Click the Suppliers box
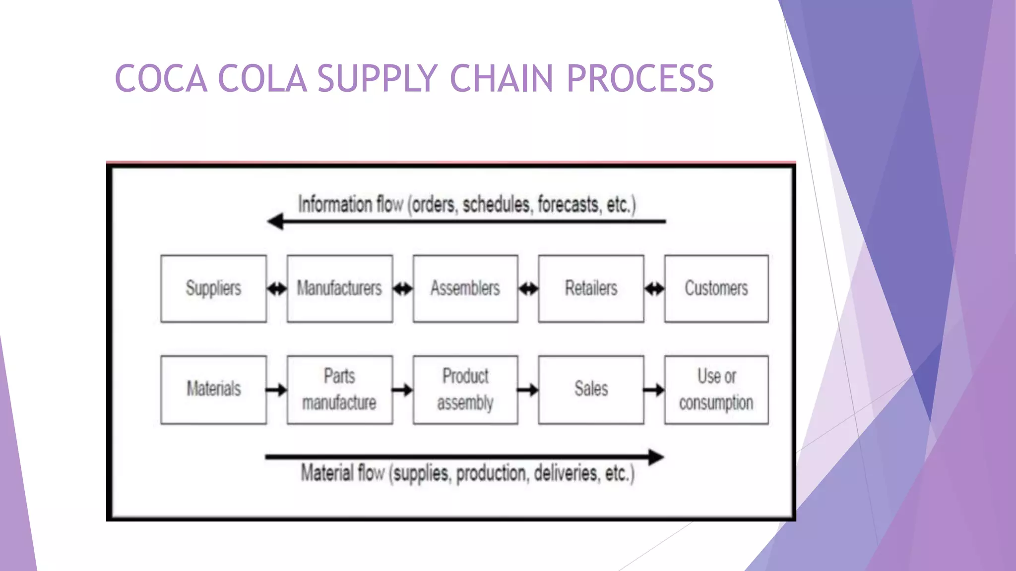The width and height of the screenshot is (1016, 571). pos(213,288)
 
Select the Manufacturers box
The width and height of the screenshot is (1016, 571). pos(340,288)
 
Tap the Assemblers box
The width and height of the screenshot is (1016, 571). pos(465,288)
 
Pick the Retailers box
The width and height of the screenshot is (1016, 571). pos(591,288)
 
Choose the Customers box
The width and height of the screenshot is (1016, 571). pos(716,288)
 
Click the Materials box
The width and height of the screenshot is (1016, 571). pos(213,390)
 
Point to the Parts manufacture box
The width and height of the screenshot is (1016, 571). pos(340,390)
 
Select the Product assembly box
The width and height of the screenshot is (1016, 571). pos(465,390)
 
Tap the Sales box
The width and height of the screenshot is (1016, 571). pos(591,390)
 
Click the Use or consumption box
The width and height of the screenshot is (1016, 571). pos(716,390)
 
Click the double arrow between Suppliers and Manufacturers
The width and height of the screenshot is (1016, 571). pos(277,288)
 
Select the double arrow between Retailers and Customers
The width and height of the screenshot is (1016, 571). pos(654,288)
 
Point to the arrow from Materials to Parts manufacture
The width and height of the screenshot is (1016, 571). pos(276,390)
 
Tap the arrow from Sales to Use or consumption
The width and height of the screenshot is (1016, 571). pos(654,390)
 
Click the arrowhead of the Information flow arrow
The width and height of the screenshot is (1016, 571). pos(275,222)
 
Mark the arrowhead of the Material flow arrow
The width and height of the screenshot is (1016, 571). pos(656,457)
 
